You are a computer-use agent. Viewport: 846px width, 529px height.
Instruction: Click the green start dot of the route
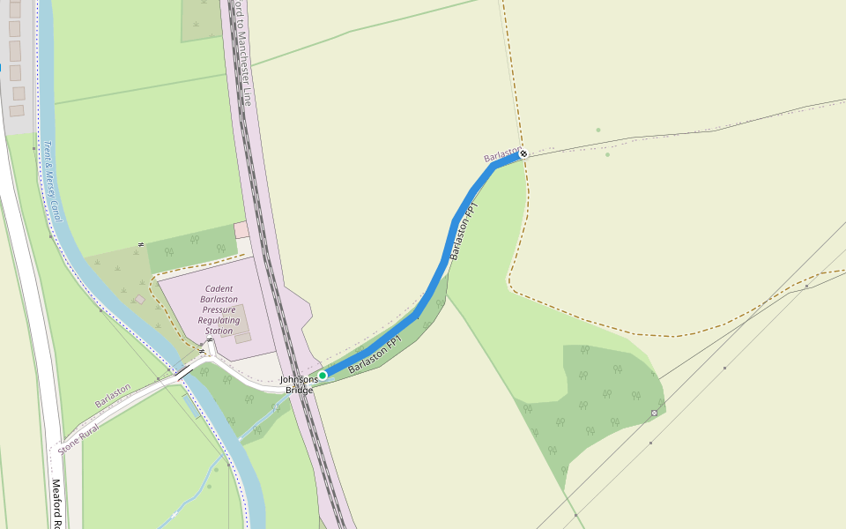point(323,376)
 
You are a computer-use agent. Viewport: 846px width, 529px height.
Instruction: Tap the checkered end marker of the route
point(523,153)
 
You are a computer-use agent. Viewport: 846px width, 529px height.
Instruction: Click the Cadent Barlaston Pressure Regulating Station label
point(219,309)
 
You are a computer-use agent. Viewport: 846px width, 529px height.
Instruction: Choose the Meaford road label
point(56,503)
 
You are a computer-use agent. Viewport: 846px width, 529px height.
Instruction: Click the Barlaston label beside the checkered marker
point(502,156)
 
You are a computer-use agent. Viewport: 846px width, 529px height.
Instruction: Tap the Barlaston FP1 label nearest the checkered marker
point(463,231)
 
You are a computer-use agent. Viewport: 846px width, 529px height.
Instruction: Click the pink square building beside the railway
point(241,230)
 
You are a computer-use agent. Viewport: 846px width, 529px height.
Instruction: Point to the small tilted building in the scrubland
point(140,300)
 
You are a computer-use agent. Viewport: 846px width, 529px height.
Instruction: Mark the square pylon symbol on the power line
point(654,413)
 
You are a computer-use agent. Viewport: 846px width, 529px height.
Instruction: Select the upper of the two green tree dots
point(597,130)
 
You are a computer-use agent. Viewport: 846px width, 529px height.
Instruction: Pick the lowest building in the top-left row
point(17,110)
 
